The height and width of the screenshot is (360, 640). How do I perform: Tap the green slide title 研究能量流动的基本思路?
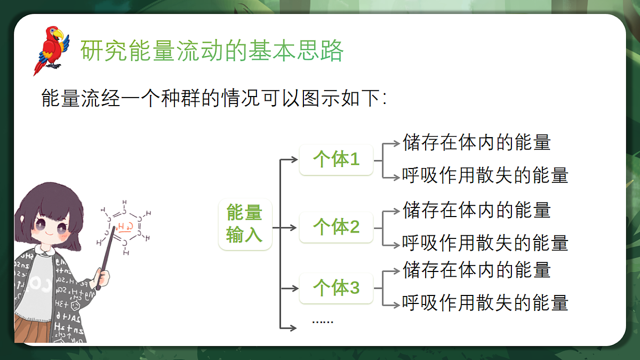pyautogui.click(x=212, y=51)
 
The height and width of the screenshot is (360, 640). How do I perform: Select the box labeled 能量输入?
pyautogui.click(x=245, y=225)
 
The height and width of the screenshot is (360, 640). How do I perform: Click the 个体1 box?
pyautogui.click(x=336, y=159)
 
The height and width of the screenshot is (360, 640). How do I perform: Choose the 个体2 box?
pyautogui.click(x=336, y=227)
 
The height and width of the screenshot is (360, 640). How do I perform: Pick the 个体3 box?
pyautogui.click(x=336, y=288)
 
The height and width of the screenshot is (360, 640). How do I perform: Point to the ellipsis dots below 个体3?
pyautogui.click(x=323, y=322)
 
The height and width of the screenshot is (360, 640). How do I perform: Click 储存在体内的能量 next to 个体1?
pyautogui.click(x=477, y=142)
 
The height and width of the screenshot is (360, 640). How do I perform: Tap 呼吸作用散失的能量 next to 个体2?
pyautogui.click(x=485, y=243)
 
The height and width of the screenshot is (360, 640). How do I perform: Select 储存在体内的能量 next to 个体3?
pyautogui.click(x=477, y=270)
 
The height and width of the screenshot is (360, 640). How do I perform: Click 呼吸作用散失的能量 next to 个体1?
pyautogui.click(x=485, y=175)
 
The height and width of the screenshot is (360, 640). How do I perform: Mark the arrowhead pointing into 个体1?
pyautogui.click(x=294, y=159)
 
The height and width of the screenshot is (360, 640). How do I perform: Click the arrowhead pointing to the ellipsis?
pyautogui.click(x=293, y=327)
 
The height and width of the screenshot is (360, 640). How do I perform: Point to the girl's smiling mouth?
pyautogui.click(x=49, y=234)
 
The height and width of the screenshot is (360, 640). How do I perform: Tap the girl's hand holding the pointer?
pyautogui.click(x=102, y=277)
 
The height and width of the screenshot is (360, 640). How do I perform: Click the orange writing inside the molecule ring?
pyautogui.click(x=125, y=227)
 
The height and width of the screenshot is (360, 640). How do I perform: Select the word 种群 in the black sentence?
pyautogui.click(x=181, y=98)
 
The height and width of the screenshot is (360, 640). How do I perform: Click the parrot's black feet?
pyautogui.click(x=54, y=66)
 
